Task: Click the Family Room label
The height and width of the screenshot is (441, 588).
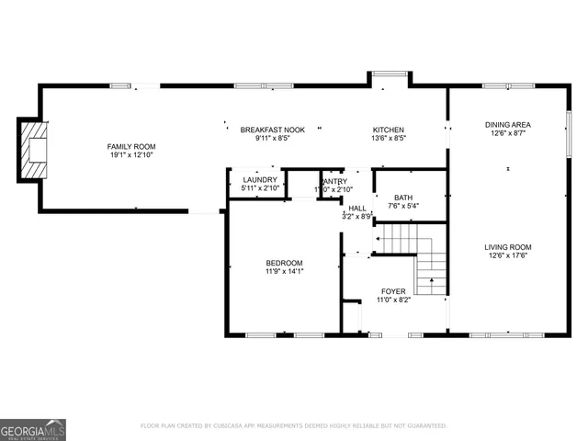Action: click(x=131, y=147)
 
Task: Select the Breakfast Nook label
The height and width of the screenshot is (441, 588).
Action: click(x=273, y=130)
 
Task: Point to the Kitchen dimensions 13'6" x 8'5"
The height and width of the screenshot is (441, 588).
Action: click(x=388, y=140)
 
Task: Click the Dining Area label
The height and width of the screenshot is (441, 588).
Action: click(x=508, y=124)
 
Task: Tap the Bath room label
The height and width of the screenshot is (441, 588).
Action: click(x=403, y=198)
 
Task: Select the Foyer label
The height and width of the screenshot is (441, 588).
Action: click(x=392, y=291)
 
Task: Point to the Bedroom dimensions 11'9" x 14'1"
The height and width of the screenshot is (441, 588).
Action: click(x=284, y=273)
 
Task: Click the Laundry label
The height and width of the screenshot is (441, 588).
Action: click(x=259, y=179)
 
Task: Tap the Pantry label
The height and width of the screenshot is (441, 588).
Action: click(x=334, y=181)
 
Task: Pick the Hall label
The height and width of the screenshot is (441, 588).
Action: click(x=357, y=208)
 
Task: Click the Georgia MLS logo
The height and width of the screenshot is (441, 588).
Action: click(x=33, y=429)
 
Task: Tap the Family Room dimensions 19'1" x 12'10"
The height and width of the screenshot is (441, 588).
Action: click(x=131, y=156)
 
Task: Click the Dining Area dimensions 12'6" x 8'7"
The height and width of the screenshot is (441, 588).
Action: click(x=508, y=133)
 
